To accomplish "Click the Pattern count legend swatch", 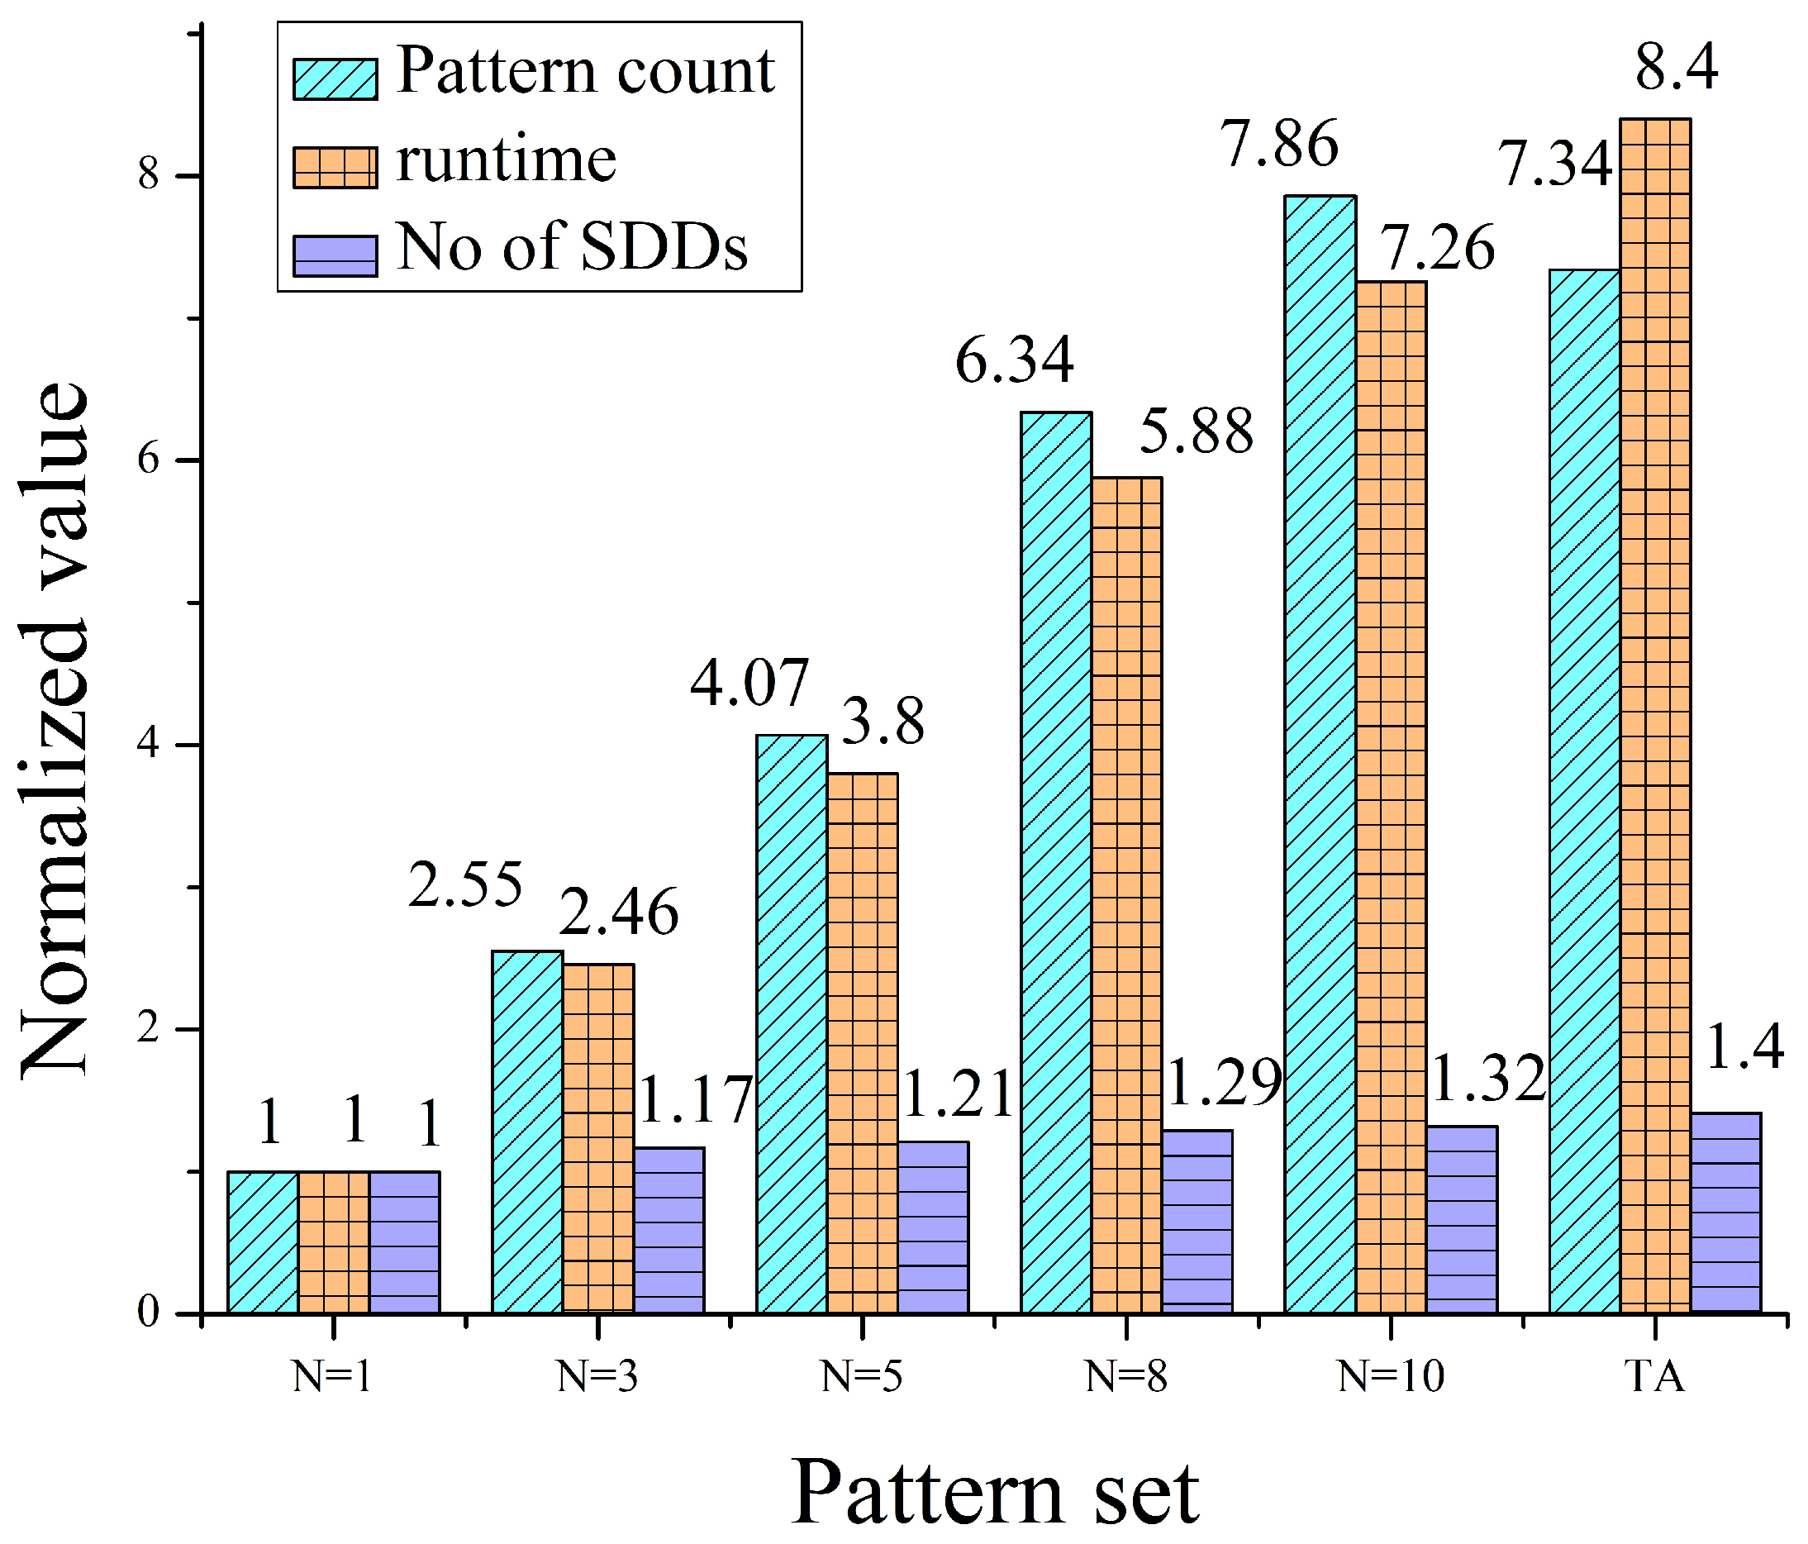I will (x=335, y=79).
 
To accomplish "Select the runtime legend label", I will (x=506, y=160).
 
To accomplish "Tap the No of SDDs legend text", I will (x=572, y=248).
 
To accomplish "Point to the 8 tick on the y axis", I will (x=150, y=175).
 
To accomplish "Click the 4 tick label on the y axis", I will (x=150, y=745).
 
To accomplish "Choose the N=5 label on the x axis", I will (x=861, y=1376).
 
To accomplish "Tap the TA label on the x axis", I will (x=1654, y=1376).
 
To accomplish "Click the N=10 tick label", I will (x=1390, y=1376).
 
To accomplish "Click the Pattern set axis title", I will (x=995, y=1494).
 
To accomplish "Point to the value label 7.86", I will (x=1280, y=144).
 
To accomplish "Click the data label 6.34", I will (x=1013, y=360).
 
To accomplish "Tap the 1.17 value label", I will (x=696, y=1100).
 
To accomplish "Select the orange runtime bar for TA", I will (x=1655, y=716).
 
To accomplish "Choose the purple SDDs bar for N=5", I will (x=933, y=1227).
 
